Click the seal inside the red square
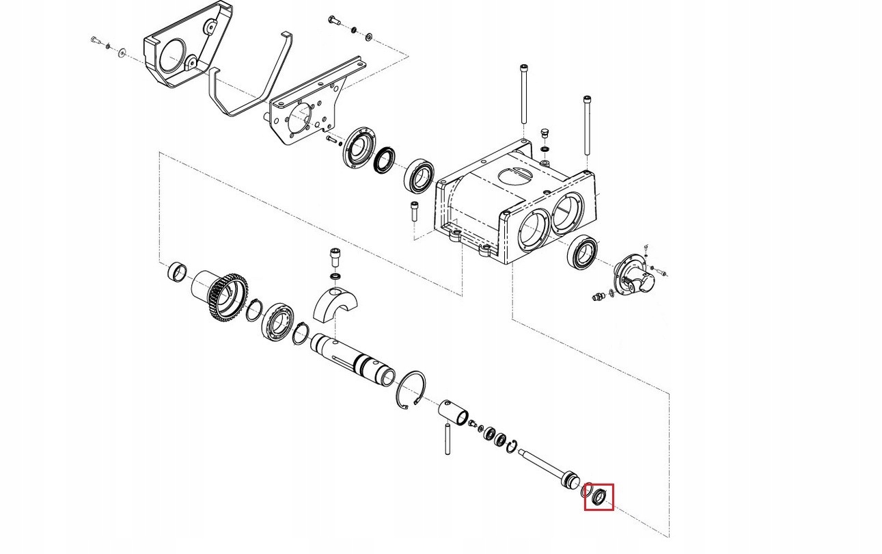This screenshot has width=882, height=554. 599,496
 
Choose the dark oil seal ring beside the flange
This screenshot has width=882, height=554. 385,159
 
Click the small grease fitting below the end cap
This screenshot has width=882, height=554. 601,296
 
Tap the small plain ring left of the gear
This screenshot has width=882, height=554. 178,272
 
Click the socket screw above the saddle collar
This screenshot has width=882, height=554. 335,257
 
